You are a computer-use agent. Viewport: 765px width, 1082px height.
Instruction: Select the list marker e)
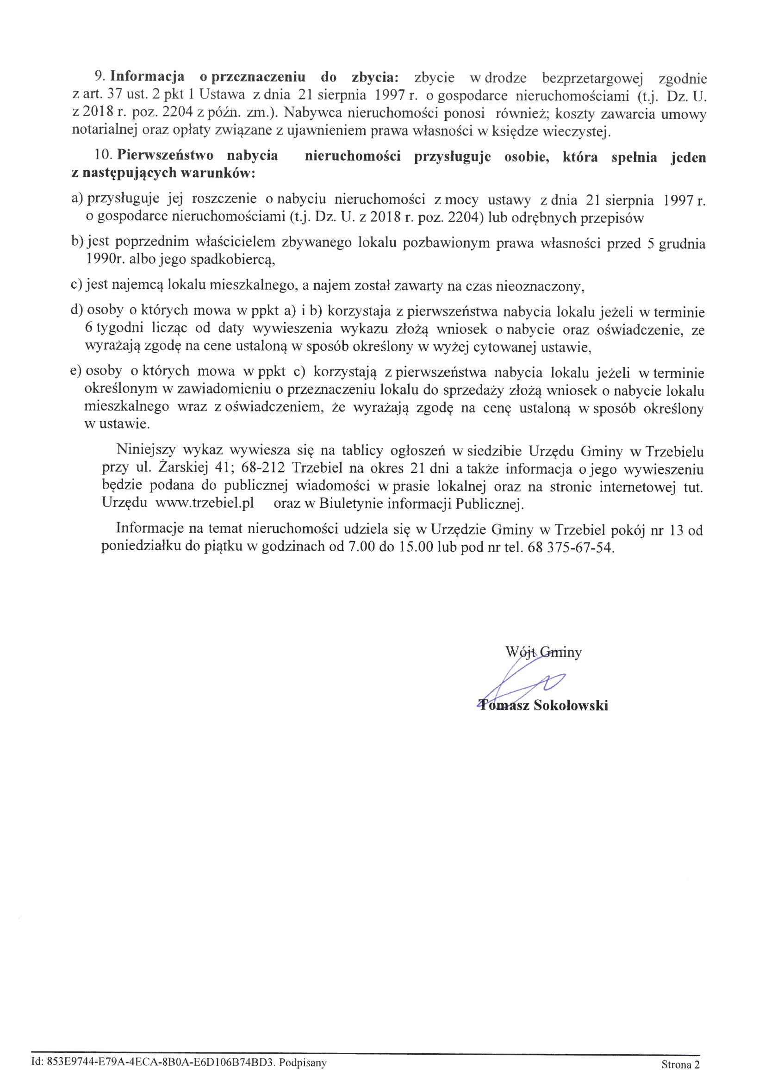click(77, 372)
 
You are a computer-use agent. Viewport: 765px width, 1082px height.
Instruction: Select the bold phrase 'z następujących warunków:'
click(163, 173)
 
